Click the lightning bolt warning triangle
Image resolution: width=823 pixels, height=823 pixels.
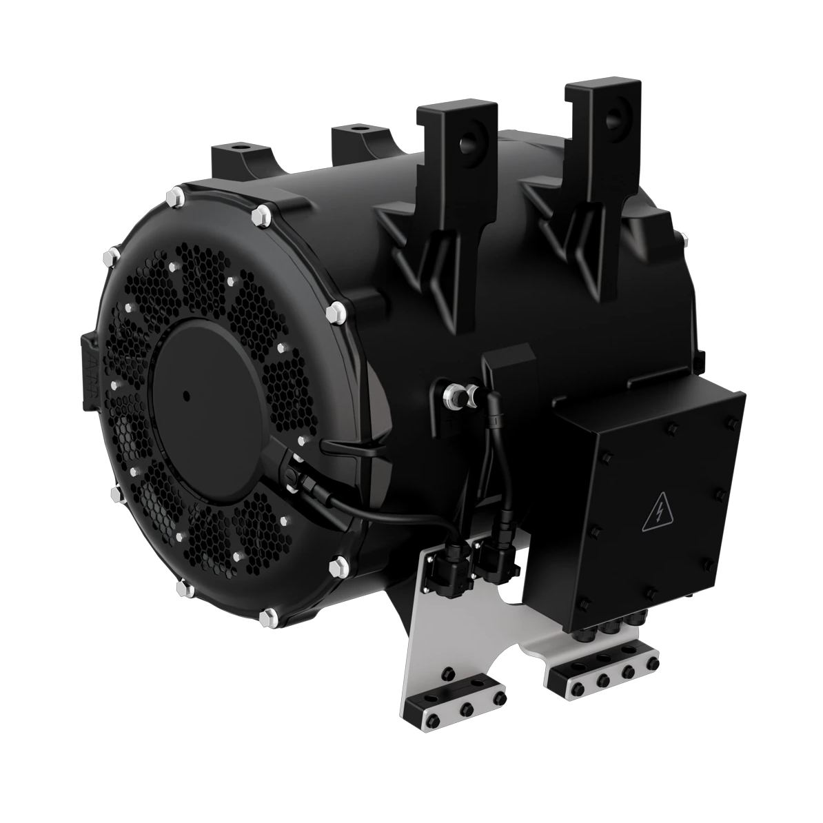tap(659, 514)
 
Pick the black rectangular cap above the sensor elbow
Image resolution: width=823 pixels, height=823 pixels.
tap(509, 365)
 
